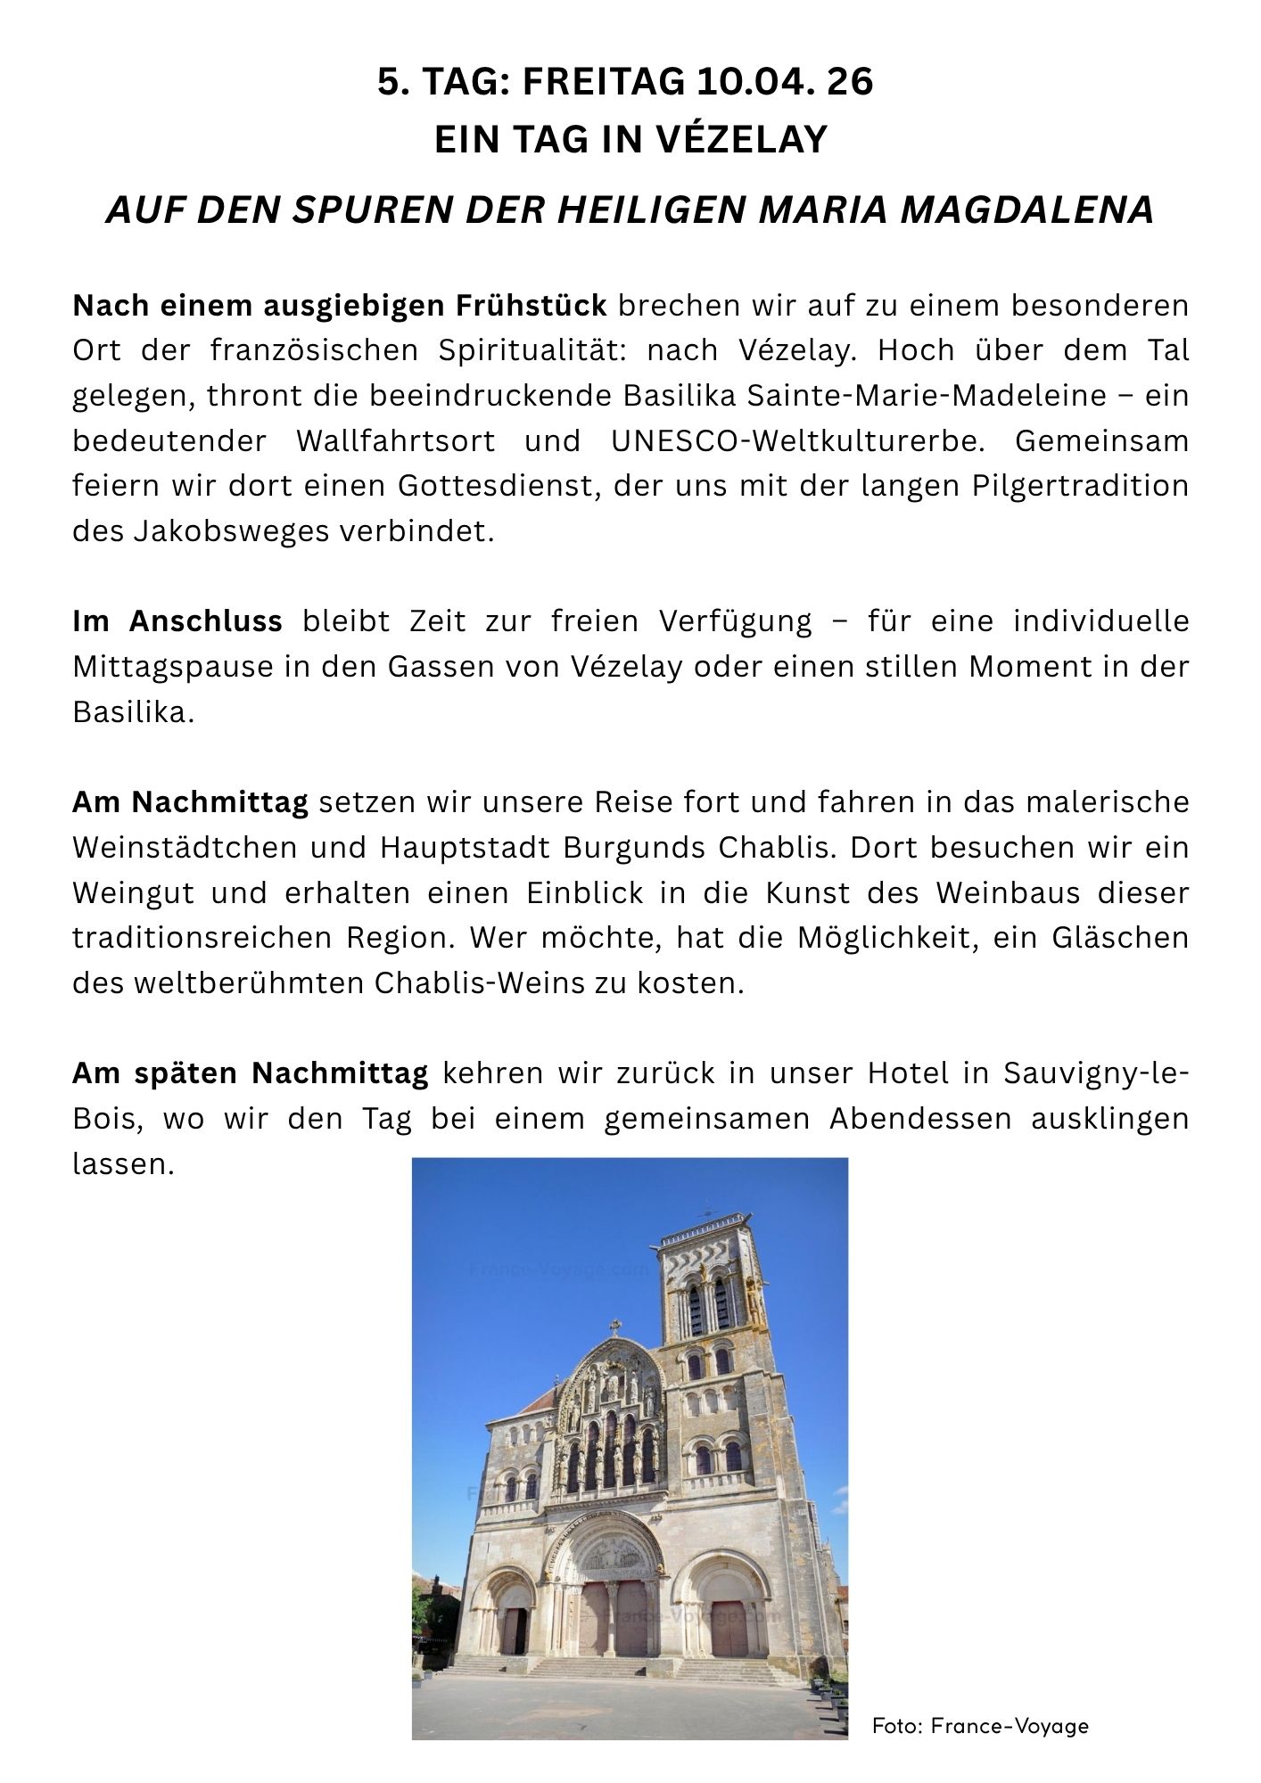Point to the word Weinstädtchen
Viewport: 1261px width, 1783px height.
pos(182,847)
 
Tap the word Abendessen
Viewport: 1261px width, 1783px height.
pos(920,1118)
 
